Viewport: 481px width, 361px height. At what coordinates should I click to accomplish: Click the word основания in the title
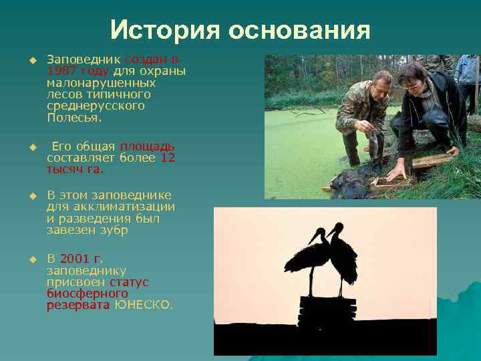(299, 31)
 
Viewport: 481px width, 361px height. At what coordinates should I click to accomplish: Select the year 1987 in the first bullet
(61, 71)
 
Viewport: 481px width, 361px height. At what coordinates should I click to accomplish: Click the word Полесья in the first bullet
(73, 118)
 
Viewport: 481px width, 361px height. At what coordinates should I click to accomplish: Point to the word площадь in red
(147, 146)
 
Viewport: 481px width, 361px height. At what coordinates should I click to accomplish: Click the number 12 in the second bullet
(168, 158)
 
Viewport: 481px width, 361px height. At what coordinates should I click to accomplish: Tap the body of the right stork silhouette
(344, 257)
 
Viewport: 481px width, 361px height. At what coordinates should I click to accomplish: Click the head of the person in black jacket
(412, 77)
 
